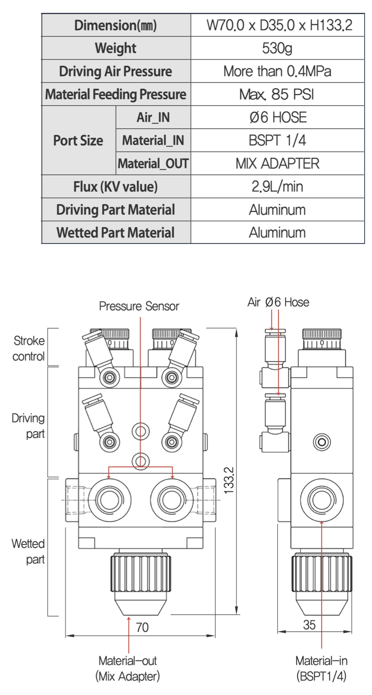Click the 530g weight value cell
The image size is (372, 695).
pos(277,48)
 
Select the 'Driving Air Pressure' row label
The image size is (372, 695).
pos(116,72)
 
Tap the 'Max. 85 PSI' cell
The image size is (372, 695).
pos(277,94)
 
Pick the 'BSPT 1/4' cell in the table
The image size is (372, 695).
pos(277,141)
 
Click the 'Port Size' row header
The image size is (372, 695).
pos(78,141)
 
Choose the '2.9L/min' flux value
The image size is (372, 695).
pos(277,186)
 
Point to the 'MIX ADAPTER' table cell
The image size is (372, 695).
pos(277,164)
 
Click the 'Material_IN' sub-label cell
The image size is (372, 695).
pos(153,141)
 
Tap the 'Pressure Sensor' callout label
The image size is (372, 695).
pos(139,306)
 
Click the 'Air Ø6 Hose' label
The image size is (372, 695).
pos(278,302)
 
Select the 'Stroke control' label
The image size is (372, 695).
pos(29,348)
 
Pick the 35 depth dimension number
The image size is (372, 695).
pos(309,625)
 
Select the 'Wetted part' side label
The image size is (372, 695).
pos(28,551)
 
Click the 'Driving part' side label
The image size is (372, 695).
pos(28,426)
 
